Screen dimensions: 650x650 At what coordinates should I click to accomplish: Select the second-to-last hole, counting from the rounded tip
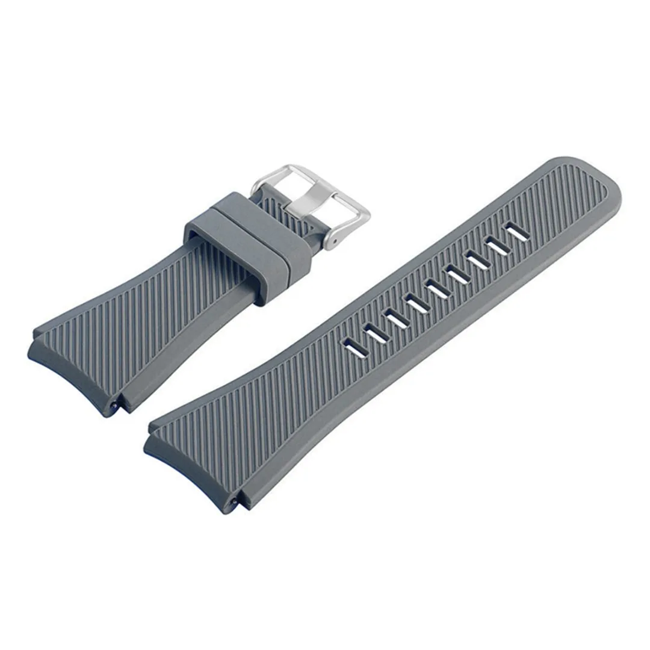374,331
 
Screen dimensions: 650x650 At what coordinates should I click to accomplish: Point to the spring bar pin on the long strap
231,503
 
